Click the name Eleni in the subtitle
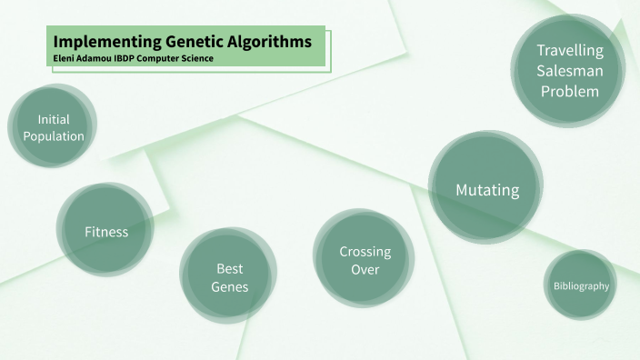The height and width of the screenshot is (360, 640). (x=65, y=58)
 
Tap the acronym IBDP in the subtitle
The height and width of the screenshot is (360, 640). (x=131, y=58)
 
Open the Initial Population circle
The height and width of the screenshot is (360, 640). (x=54, y=128)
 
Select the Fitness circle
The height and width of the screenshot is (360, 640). (x=106, y=232)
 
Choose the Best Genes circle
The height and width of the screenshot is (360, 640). (x=229, y=277)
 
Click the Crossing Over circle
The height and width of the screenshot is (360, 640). (x=365, y=260)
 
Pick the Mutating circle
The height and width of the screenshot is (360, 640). (x=487, y=190)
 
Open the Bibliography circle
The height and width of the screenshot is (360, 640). (x=581, y=285)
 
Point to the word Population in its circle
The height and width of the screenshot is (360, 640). (x=54, y=136)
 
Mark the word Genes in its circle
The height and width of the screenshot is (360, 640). (x=229, y=287)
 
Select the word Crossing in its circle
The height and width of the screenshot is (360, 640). (x=365, y=251)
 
